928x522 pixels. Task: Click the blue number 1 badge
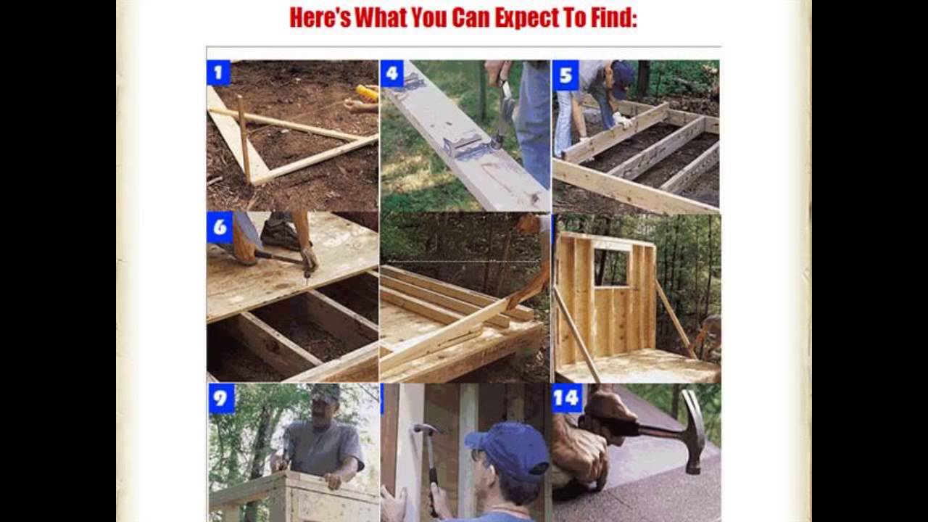pyautogui.click(x=218, y=73)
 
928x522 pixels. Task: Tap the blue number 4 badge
pyautogui.click(x=391, y=74)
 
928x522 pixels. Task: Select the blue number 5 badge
pyautogui.click(x=565, y=75)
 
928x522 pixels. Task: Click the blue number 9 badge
pyautogui.click(x=222, y=399)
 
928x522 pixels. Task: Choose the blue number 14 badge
pyautogui.click(x=567, y=398)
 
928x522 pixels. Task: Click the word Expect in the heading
pyautogui.click(x=526, y=18)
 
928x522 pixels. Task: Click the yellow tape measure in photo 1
pyautogui.click(x=368, y=93)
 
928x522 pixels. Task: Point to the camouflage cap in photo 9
pyautogui.click(x=326, y=394)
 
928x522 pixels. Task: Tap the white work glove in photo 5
pyautogui.click(x=622, y=120)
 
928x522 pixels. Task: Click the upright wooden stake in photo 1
pyautogui.click(x=244, y=138)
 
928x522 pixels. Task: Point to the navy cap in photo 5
pyautogui.click(x=623, y=77)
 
